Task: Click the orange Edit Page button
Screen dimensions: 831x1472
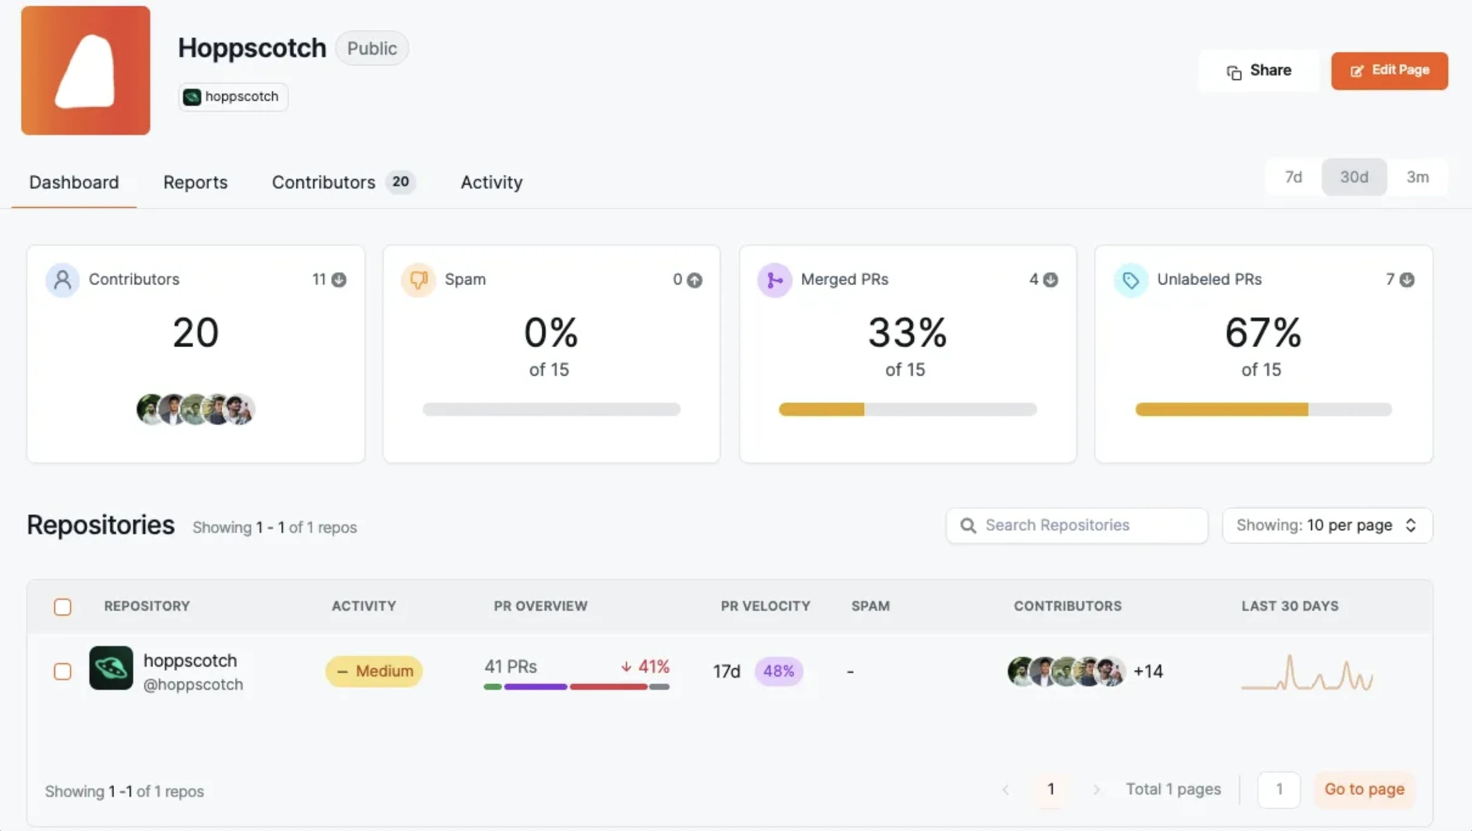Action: click(1389, 70)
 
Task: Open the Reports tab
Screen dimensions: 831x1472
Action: click(195, 182)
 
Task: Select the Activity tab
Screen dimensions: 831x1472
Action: click(492, 182)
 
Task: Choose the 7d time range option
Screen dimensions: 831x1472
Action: click(1293, 177)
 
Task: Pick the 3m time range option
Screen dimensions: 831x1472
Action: click(1417, 177)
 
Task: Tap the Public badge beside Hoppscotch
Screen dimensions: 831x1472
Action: click(372, 48)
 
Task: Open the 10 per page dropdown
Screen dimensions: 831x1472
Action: click(1327, 525)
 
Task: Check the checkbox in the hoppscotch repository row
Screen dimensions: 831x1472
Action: click(63, 671)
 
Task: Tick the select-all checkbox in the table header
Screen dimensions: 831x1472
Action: click(63, 607)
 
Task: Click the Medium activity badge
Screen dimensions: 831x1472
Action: click(374, 671)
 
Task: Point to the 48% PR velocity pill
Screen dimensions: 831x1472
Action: click(778, 671)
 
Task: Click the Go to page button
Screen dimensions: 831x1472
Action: click(1364, 789)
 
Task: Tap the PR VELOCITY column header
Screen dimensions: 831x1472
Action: click(765, 606)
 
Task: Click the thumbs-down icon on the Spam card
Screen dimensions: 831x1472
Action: click(419, 279)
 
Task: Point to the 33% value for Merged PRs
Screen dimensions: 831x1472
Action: click(907, 333)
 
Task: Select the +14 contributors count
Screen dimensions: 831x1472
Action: click(1148, 671)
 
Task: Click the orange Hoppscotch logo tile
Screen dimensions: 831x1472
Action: click(86, 70)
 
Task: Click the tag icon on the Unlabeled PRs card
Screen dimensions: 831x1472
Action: click(1131, 279)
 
